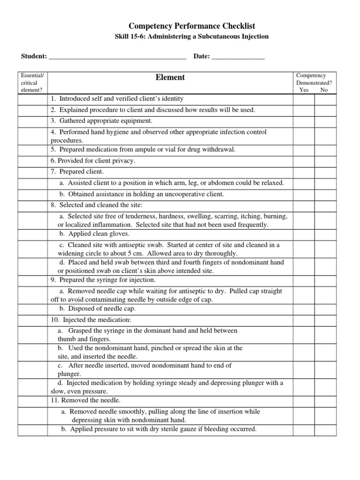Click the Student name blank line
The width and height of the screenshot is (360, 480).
pyautogui.click(x=117, y=57)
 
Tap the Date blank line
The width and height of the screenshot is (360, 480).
pyautogui.click(x=238, y=57)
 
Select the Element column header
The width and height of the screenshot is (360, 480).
pyautogui.click(x=170, y=78)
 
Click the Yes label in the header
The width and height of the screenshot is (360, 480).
pyautogui.click(x=304, y=90)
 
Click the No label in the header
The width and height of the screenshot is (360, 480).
pyautogui.click(x=324, y=90)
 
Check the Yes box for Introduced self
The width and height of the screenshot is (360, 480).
pyautogui.click(x=304, y=99)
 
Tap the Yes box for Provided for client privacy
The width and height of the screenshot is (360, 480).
pyautogui.click(x=304, y=161)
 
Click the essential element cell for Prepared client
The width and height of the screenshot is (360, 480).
pyautogui.click(x=33, y=172)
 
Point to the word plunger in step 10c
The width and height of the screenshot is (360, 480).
pyautogui.click(x=66, y=374)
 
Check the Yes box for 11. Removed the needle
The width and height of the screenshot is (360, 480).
pyautogui.click(x=304, y=401)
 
